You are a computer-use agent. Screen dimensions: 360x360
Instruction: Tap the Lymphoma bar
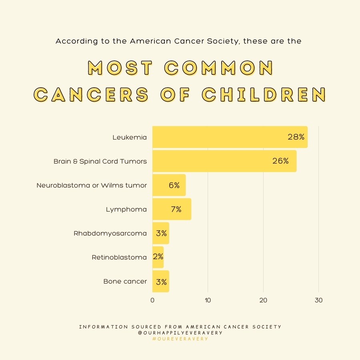click(172, 209)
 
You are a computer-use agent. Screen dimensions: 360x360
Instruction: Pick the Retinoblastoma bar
click(158, 257)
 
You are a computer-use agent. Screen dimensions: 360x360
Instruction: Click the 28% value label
click(296, 137)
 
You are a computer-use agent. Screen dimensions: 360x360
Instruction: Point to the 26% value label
click(280, 161)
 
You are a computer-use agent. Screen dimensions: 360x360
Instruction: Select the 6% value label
click(174, 185)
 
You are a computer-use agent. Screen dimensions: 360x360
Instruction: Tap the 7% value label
click(176, 209)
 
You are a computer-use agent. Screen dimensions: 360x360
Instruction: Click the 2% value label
click(158, 257)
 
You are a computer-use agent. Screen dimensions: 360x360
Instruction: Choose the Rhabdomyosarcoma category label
click(110, 233)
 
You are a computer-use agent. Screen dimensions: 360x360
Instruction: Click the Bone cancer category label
click(125, 281)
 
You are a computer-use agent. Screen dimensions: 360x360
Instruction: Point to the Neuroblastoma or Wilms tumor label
click(92, 185)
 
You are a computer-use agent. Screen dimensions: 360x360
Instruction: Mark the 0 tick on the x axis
click(152, 300)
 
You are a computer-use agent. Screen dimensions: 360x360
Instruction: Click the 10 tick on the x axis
click(208, 300)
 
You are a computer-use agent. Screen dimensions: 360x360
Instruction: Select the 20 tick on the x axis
click(263, 300)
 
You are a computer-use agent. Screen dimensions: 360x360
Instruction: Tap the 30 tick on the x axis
click(318, 300)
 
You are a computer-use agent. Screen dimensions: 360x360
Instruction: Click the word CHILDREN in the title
click(264, 94)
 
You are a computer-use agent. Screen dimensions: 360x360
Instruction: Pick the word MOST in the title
click(120, 68)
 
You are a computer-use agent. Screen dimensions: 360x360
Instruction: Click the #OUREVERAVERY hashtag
click(180, 339)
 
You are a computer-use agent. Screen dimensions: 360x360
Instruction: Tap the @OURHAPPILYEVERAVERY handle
click(180, 333)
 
